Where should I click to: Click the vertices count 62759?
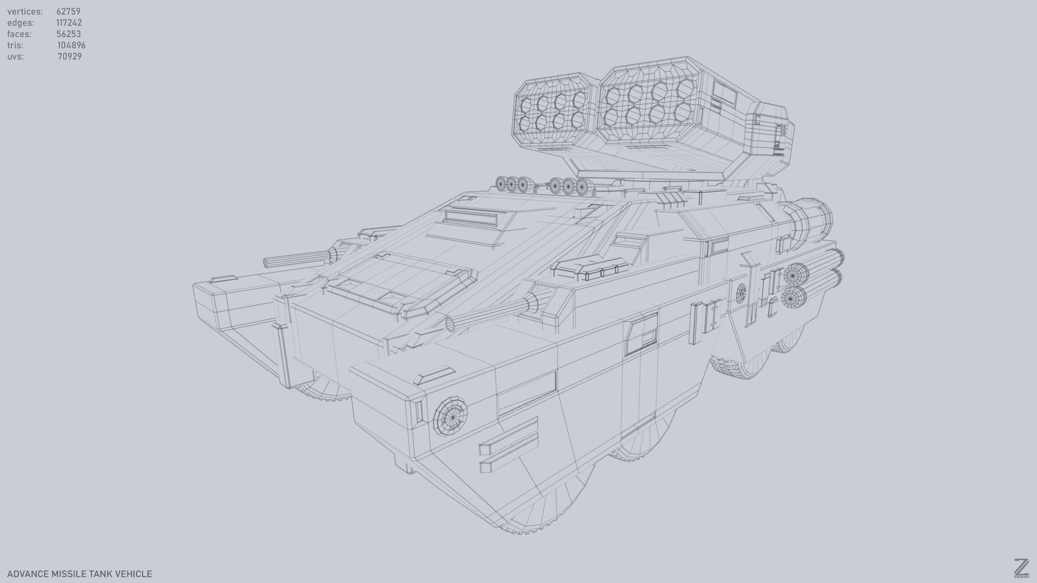coord(68,11)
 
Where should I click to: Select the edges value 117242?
coord(69,23)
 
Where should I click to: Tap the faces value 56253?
coord(69,34)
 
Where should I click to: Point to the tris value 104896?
coord(71,45)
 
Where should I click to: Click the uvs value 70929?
coord(70,57)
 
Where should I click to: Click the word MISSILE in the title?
coord(69,574)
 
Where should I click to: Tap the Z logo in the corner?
coord(1021,568)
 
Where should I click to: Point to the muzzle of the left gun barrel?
coord(268,263)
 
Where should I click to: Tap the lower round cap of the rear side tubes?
coord(792,297)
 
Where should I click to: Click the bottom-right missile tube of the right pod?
coord(683,112)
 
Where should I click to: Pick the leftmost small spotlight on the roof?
coord(502,184)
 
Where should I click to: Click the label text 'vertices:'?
coord(25,11)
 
